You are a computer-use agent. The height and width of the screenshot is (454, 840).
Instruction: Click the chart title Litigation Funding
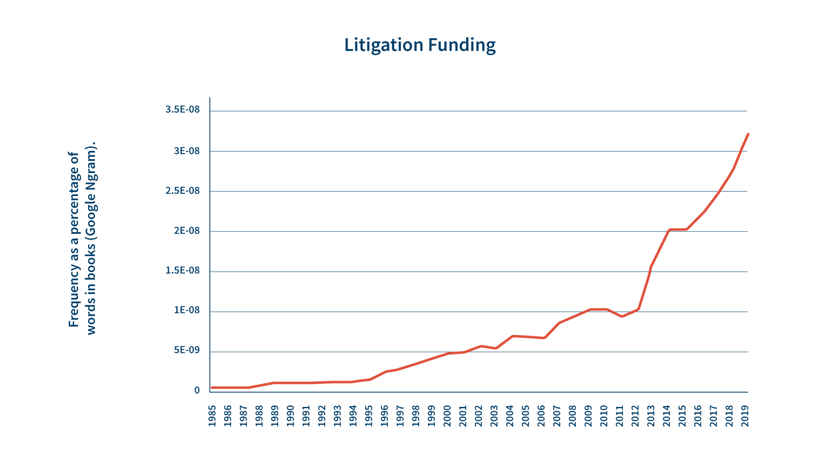pyautogui.click(x=420, y=45)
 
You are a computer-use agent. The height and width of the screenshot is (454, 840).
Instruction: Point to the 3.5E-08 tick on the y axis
pyautogui.click(x=182, y=110)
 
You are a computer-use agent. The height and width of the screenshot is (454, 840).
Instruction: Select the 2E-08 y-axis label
pyautogui.click(x=186, y=231)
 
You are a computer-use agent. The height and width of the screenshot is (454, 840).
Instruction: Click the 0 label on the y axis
pyautogui.click(x=197, y=391)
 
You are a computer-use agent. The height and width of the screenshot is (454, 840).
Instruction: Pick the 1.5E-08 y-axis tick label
pyautogui.click(x=182, y=270)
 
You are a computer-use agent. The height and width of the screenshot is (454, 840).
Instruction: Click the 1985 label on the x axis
pyautogui.click(x=212, y=416)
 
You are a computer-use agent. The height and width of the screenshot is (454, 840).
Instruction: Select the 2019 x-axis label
pyautogui.click(x=745, y=416)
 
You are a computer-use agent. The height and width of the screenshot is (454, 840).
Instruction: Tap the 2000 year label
pyautogui.click(x=447, y=416)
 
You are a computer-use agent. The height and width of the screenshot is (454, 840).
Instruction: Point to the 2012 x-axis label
pyautogui.click(x=635, y=416)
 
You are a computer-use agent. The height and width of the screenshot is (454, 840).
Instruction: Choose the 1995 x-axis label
pyautogui.click(x=369, y=416)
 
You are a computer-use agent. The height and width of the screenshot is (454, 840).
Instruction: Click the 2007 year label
pyautogui.click(x=557, y=416)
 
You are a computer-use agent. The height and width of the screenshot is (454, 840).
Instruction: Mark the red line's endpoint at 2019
pyautogui.click(x=748, y=134)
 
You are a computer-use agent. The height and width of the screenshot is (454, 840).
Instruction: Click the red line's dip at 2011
pyautogui.click(x=622, y=316)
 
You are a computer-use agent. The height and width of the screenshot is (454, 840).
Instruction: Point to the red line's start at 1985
pyautogui.click(x=212, y=387)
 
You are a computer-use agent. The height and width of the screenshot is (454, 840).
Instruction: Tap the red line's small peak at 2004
pyautogui.click(x=513, y=336)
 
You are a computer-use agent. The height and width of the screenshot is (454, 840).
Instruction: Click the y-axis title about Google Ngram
pyautogui.click(x=82, y=239)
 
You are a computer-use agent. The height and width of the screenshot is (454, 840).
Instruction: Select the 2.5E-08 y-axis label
pyautogui.click(x=182, y=191)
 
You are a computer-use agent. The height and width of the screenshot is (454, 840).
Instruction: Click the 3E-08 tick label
pyautogui.click(x=186, y=150)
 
